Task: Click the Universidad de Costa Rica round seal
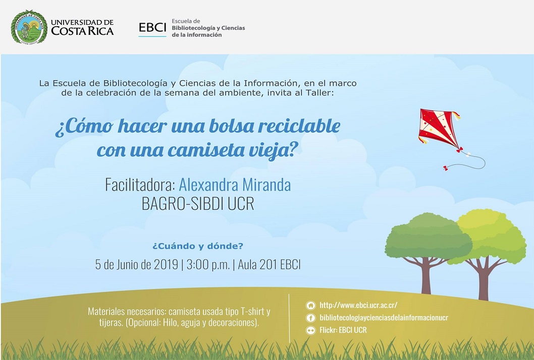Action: [29, 27]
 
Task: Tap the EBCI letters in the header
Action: [152, 27]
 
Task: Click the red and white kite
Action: [439, 129]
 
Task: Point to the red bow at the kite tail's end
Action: [446, 168]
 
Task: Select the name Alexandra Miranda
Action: [235, 185]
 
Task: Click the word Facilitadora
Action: [140, 185]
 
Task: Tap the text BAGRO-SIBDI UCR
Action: [198, 204]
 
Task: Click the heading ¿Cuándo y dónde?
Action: [198, 246]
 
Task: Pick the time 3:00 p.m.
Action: [208, 265]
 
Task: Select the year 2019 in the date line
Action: [166, 265]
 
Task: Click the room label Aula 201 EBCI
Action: [269, 265]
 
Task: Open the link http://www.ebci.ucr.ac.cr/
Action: [358, 305]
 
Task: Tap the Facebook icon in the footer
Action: [310, 318]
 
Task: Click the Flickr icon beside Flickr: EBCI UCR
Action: [310, 330]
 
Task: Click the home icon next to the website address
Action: [310, 305]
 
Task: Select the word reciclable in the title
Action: [299, 126]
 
